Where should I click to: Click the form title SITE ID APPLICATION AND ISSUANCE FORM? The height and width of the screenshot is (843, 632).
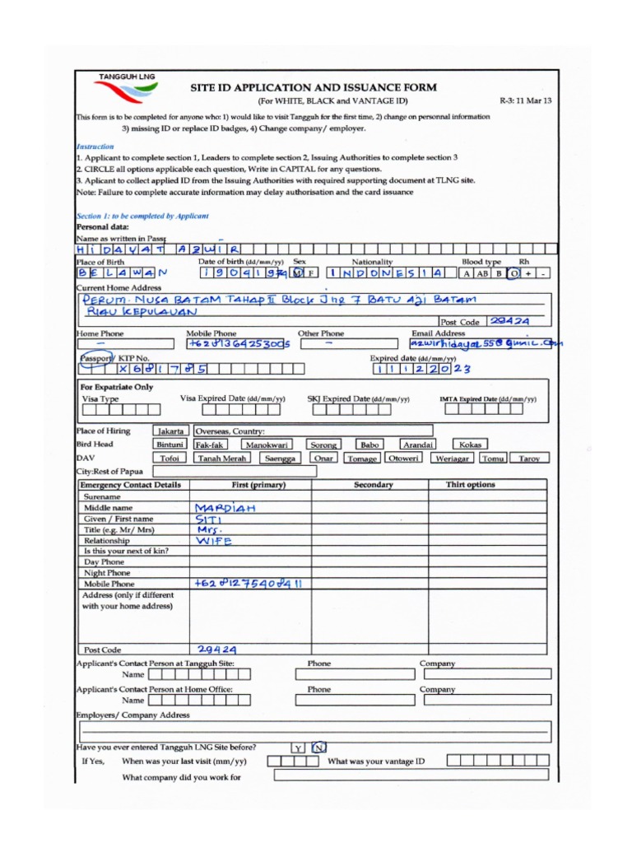pyautogui.click(x=314, y=87)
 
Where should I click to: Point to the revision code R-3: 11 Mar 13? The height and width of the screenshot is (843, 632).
pyautogui.click(x=525, y=100)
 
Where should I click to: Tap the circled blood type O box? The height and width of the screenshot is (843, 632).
pyautogui.click(x=513, y=273)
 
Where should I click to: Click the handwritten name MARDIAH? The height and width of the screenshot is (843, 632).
pyautogui.click(x=225, y=508)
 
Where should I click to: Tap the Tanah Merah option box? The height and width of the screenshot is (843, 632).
pyautogui.click(x=221, y=459)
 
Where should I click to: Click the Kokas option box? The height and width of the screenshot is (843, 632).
pyautogui.click(x=470, y=445)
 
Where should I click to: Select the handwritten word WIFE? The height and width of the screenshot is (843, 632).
pyautogui.click(x=214, y=541)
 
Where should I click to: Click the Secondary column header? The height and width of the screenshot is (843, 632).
pyautogui.click(x=373, y=485)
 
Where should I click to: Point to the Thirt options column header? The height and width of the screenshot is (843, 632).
pyautogui.click(x=470, y=485)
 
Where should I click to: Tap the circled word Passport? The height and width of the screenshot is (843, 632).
pyautogui.click(x=94, y=358)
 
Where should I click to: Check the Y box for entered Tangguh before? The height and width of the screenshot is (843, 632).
pyautogui.click(x=298, y=748)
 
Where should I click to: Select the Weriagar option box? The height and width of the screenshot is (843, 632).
pyautogui.click(x=453, y=459)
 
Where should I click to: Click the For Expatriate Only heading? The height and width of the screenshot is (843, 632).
pyautogui.click(x=116, y=387)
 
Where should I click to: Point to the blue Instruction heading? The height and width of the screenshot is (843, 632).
pyautogui.click(x=95, y=147)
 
